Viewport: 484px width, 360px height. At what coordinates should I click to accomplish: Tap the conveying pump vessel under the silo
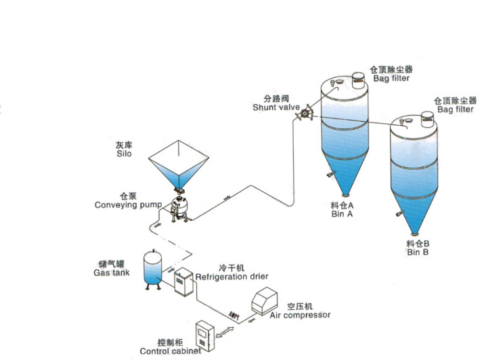(x=180, y=204)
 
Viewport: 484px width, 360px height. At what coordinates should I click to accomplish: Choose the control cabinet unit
(x=204, y=333)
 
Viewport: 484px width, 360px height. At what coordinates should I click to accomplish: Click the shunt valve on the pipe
(x=305, y=114)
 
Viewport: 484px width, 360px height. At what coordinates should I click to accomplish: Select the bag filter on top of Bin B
(x=426, y=120)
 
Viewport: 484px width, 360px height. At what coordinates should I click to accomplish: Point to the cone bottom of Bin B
(x=417, y=210)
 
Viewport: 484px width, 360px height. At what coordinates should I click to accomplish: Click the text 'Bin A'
(x=343, y=214)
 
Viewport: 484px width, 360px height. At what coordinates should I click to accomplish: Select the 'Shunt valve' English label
(x=276, y=107)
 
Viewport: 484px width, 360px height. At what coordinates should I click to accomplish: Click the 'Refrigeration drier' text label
(x=232, y=277)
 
